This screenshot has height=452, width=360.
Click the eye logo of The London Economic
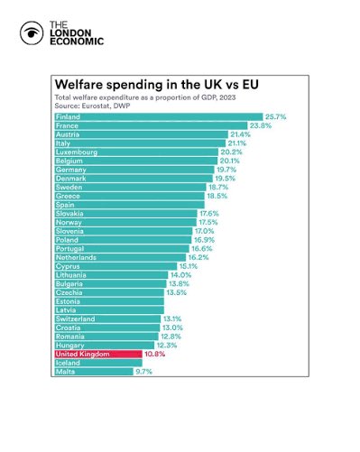(32, 33)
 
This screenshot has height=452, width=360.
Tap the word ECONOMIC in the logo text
(77, 42)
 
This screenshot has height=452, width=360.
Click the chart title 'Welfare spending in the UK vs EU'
(157, 85)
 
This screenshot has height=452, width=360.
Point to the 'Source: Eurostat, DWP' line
(92, 106)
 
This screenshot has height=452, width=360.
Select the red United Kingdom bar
(98, 354)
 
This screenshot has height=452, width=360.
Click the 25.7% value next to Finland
(275, 117)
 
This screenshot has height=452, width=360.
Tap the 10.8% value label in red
(155, 354)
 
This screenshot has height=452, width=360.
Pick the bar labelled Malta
(94, 372)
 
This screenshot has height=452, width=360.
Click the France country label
(67, 125)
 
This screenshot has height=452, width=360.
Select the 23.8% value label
(261, 125)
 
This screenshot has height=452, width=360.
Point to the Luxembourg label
(77, 152)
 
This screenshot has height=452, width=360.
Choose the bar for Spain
(130, 205)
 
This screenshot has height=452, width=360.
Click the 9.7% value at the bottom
(144, 372)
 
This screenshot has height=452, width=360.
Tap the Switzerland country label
(75, 318)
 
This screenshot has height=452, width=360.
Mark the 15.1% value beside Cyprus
(189, 266)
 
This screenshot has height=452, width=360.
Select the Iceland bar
(98, 363)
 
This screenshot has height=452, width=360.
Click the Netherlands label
(76, 257)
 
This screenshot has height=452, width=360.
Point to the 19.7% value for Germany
(226, 170)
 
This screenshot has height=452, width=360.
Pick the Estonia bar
(109, 301)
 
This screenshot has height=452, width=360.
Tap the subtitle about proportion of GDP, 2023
(145, 97)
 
